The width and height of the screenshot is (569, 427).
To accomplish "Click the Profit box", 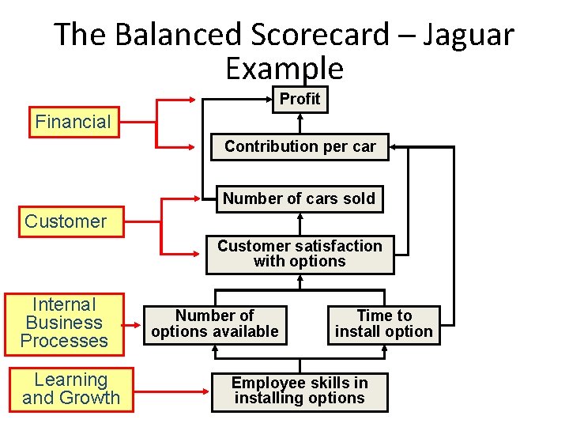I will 300,99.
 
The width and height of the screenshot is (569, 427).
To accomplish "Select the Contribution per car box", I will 300,146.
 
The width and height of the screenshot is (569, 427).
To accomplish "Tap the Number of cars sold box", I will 299,198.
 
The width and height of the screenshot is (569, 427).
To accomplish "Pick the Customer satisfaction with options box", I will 300,254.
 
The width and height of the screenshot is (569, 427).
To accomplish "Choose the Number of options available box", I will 215,323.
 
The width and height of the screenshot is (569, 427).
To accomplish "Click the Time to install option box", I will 383,323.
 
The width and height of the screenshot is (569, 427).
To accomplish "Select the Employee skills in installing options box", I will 300,391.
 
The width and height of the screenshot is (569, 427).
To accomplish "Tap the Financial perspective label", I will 73,122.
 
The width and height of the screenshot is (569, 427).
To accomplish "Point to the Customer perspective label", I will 66,221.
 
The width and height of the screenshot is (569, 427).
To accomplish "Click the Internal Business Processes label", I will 64,323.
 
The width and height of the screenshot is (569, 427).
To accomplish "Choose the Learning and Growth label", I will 71,389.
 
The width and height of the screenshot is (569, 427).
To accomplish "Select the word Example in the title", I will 284,69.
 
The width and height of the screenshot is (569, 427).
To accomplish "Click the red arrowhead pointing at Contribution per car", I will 192,147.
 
